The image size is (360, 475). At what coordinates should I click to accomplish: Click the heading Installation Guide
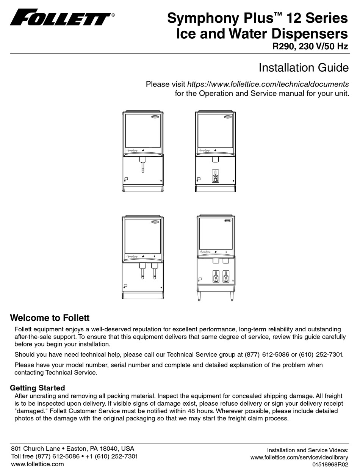[303, 68]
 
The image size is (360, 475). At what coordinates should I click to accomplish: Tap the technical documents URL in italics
[268, 84]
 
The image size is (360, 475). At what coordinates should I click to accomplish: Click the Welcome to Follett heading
[50, 318]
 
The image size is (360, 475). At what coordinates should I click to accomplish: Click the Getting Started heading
[38, 388]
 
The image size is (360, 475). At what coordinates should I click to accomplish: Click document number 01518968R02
[330, 464]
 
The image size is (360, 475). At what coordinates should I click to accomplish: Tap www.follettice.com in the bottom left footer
[38, 464]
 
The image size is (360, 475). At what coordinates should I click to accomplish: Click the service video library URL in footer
[299, 458]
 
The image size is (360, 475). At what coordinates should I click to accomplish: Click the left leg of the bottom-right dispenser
[200, 297]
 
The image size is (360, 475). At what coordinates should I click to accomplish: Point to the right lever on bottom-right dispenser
[226, 277]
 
